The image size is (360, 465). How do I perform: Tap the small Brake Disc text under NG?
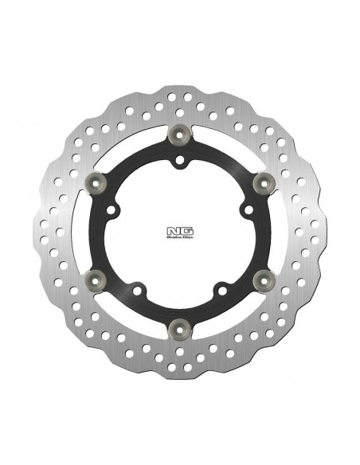[x=179, y=236]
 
